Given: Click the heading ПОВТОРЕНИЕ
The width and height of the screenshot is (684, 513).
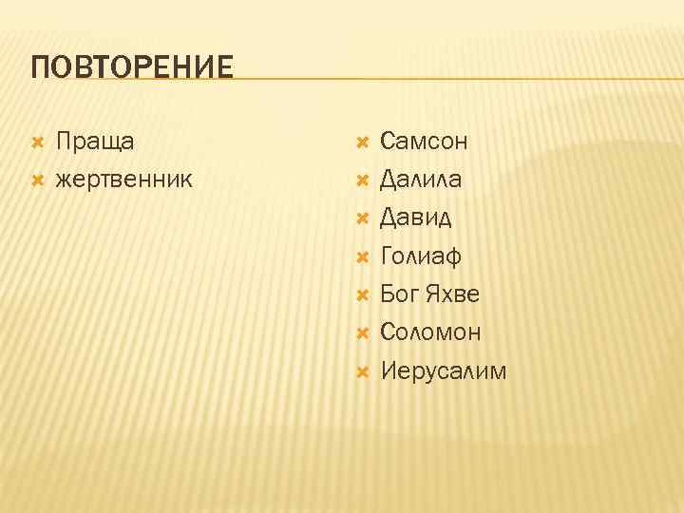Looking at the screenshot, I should (x=132, y=68).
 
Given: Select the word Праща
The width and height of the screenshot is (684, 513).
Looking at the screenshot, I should (x=95, y=142).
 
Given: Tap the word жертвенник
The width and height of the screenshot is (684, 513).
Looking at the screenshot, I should (x=124, y=179).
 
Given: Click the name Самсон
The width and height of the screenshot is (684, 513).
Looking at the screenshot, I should (x=424, y=142).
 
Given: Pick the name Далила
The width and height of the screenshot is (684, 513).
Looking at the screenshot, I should (x=422, y=179).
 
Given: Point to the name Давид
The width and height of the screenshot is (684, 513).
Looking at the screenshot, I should (x=416, y=218).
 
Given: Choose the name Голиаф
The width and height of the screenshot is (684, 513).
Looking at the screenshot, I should (x=421, y=256).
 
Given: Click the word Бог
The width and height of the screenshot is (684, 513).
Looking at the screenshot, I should (x=400, y=294).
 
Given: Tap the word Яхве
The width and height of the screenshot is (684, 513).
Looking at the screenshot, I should (x=452, y=294).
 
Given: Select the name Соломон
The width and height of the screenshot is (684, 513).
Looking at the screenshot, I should (x=430, y=332).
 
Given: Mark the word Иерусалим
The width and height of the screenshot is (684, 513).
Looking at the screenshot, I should (x=444, y=370).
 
